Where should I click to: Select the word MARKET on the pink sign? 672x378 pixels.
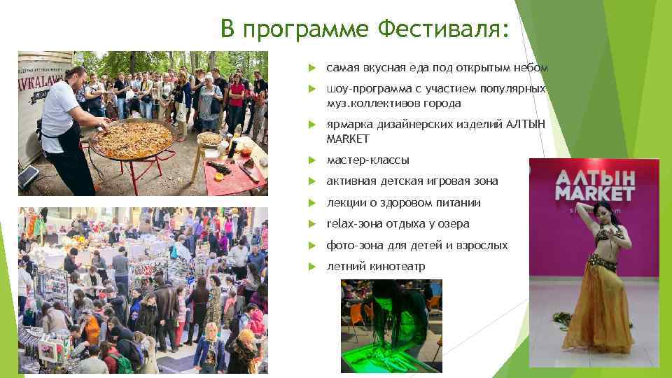(595, 193)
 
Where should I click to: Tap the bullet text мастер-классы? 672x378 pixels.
(367, 160)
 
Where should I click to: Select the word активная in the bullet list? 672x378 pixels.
(351, 181)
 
